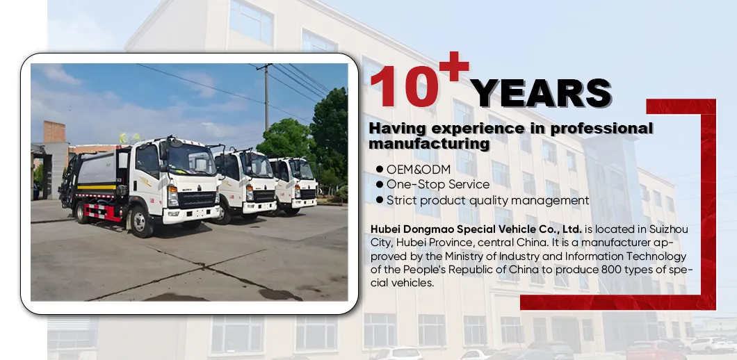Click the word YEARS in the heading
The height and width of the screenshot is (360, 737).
coord(541,94)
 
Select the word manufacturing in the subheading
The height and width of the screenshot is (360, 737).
coord(429,144)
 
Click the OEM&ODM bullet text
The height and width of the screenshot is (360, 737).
coord(419,169)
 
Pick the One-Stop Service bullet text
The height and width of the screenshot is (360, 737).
coord(438,184)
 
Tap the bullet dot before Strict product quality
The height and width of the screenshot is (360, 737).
coord(380,200)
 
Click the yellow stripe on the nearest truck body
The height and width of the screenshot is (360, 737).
coord(97,187)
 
